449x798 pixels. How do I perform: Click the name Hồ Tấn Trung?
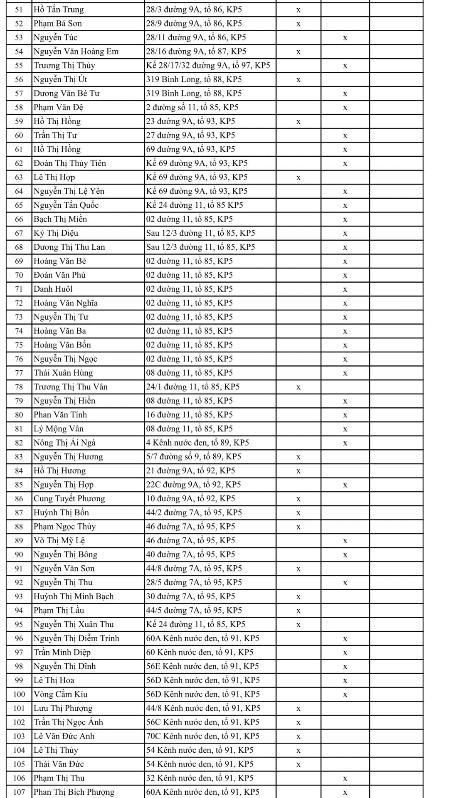tap(58, 10)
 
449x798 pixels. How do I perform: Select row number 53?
tap(19, 38)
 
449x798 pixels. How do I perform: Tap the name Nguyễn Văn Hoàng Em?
tap(76, 52)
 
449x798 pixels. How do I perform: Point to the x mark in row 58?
tap(345, 108)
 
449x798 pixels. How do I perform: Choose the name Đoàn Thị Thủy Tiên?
tap(70, 163)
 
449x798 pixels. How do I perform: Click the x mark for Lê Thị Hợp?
tap(299, 177)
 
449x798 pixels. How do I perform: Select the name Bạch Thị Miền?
tap(60, 219)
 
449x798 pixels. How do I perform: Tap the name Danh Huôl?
tap(53, 289)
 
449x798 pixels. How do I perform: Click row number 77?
tap(19, 373)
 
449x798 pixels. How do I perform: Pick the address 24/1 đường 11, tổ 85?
tap(193, 387)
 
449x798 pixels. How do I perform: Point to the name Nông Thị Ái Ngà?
tap(64, 443)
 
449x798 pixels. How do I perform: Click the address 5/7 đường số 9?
tap(194, 457)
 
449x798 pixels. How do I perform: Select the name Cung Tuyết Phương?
tap(69, 499)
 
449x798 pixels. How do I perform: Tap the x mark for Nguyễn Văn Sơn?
tap(299, 569)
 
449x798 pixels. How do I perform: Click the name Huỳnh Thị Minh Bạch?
tap(74, 596)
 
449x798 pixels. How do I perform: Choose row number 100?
tap(19, 694)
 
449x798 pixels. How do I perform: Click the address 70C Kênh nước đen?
tap(202, 736)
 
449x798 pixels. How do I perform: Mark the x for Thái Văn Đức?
tap(299, 764)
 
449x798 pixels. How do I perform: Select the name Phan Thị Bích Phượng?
tap(74, 792)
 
